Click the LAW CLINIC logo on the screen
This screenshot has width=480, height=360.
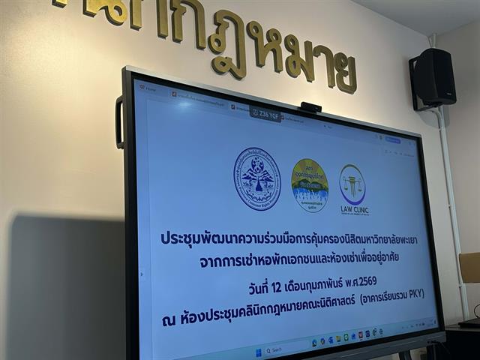click(352, 188)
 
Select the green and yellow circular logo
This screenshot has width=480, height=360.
click(309, 184)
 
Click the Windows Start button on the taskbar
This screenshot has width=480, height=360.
click(257, 350)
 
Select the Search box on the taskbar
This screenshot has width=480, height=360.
click(281, 349)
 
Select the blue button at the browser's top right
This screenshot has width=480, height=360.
click(393, 140)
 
